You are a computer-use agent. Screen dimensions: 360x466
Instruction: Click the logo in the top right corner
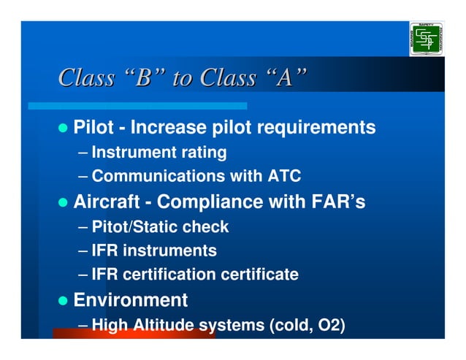[426, 39]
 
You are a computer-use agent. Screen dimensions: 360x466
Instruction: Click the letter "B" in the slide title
[142, 77]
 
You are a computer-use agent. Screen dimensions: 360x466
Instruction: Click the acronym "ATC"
[285, 177]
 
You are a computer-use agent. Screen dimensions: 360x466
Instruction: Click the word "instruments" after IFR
[169, 251]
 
